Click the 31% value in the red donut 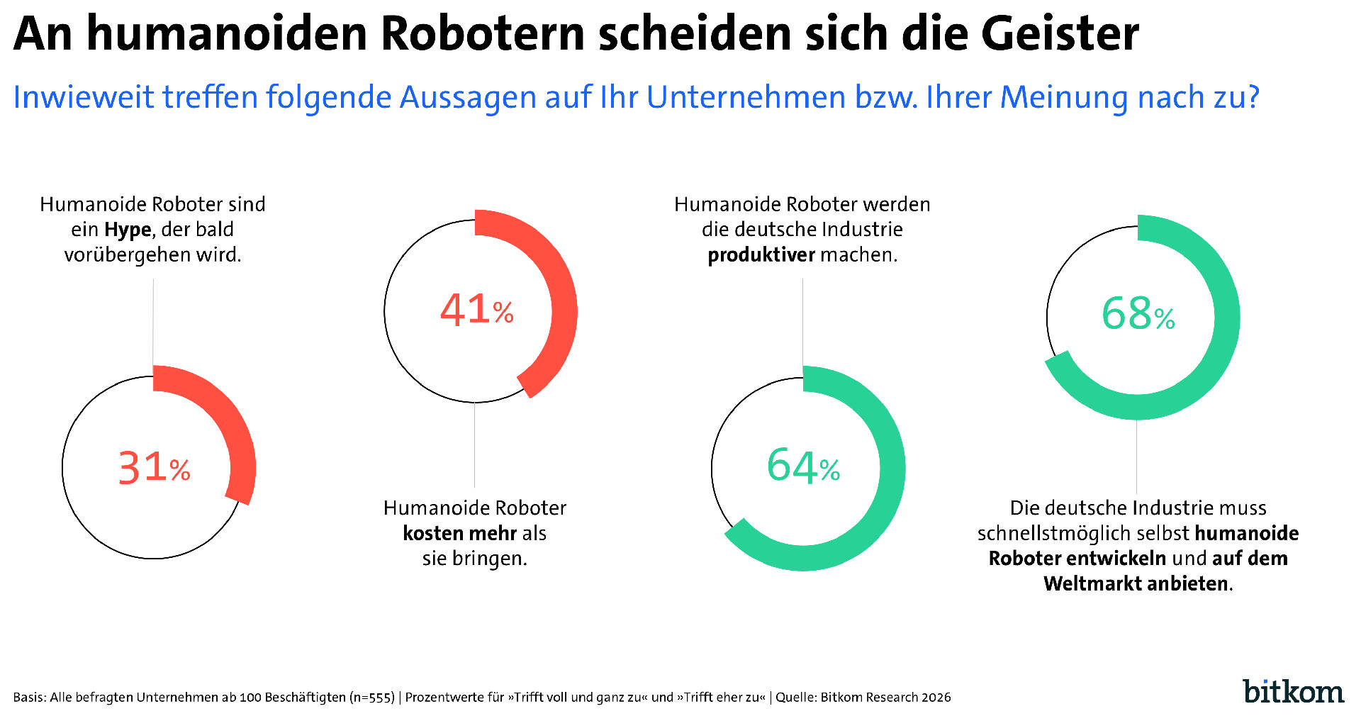pos(154,468)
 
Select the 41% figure pos(476,310)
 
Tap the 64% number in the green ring pos(803,466)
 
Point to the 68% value pos(1138,314)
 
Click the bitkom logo pos(1293,692)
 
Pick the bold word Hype pos(128,230)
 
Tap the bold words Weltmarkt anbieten pos(1136,583)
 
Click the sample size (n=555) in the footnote pos(371,698)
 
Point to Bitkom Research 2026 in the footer pos(885,698)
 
